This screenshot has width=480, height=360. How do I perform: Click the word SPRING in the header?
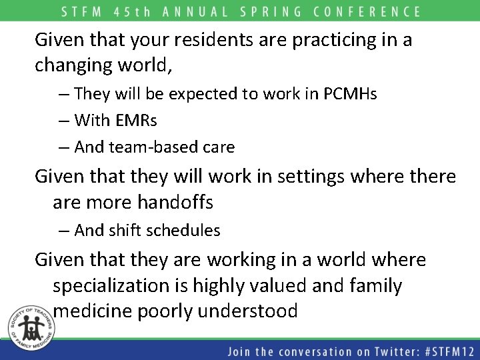click(x=283, y=11)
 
